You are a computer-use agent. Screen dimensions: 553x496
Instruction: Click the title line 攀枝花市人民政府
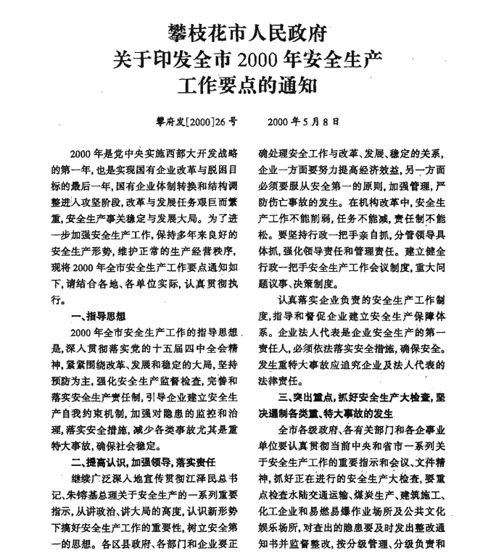pos(248,33)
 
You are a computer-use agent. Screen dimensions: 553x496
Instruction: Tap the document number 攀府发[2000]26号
pos(191,122)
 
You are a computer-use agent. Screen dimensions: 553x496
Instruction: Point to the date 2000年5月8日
pos(304,122)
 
